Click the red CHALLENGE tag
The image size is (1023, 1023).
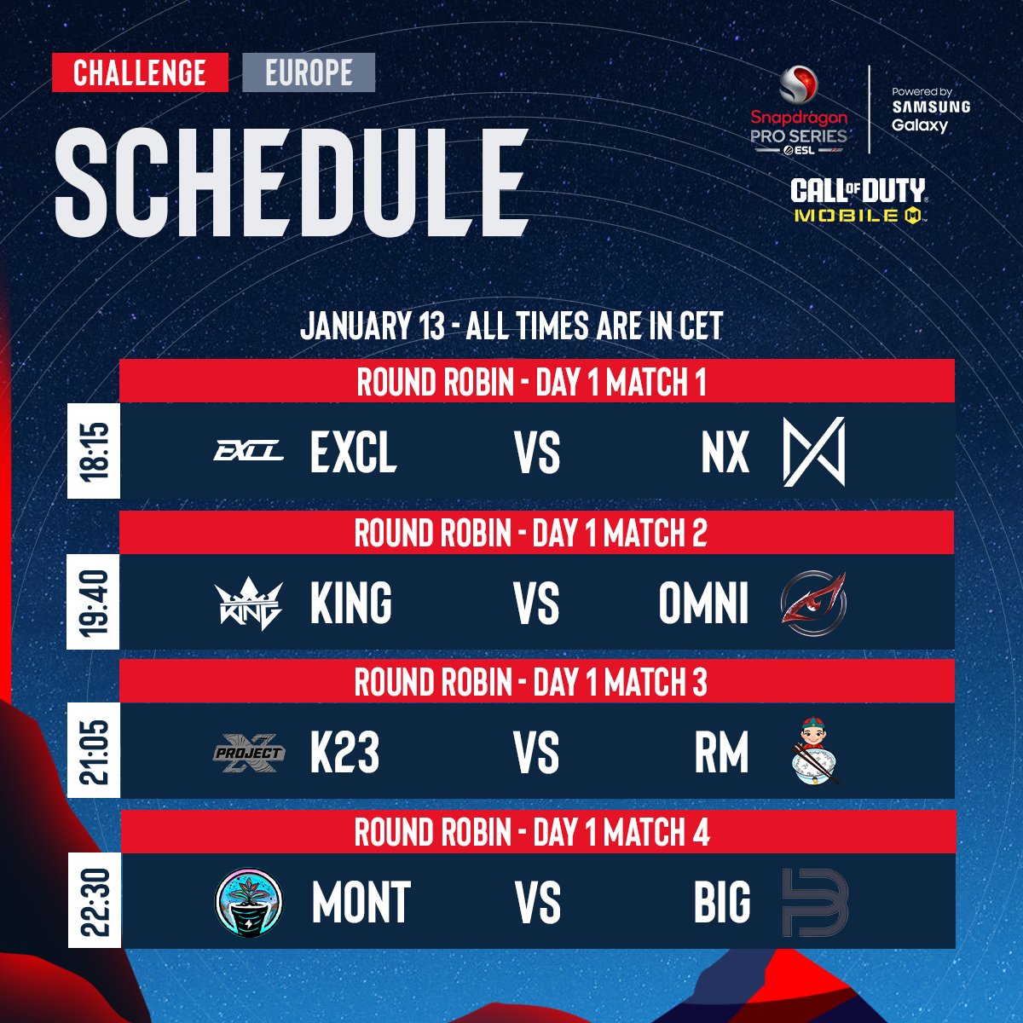tap(140, 72)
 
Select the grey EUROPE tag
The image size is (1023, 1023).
tap(309, 72)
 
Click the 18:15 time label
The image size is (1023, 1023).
tap(94, 451)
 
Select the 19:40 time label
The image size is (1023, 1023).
tap(94, 603)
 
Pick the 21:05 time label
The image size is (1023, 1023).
tap(94, 752)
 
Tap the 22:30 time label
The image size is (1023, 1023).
tap(94, 902)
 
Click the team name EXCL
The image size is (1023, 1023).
tap(353, 452)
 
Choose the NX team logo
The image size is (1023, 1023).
tap(814, 451)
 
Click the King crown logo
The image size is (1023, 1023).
tap(248, 603)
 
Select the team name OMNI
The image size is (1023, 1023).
tap(703, 603)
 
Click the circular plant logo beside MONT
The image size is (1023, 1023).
tap(248, 902)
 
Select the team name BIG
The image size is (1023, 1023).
tap(722, 903)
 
